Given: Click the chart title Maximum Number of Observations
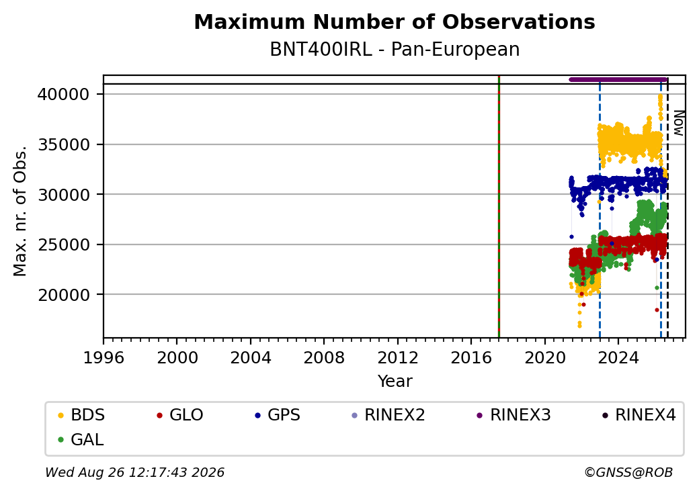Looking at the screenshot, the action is pos(395,21).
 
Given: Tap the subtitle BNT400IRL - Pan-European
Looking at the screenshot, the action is pos(395,49).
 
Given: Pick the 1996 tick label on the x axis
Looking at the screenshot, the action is pos(104,357).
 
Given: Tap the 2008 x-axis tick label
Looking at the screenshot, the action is pos(324,357).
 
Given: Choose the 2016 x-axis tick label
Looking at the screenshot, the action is pos(471,357).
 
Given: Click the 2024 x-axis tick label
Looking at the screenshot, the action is pos(618,357).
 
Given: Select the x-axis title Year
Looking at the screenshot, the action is pos(395,382).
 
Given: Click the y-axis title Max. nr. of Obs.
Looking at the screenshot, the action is pos(19,210).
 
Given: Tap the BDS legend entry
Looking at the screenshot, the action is pos(81,415).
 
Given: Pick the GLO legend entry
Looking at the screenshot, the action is pos(180,415).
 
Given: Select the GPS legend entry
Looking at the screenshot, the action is pos(278,415).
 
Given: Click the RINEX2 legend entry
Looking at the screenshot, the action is pos(388,415).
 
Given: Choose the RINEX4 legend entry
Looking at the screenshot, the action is pos(639,415).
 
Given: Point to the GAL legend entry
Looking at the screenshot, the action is pos(81,439).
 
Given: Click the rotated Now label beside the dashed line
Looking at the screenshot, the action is pos(678,123).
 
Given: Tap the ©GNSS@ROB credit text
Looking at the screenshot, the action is pos(628,472).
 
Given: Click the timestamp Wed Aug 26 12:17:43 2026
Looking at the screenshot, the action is pos(135,472).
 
